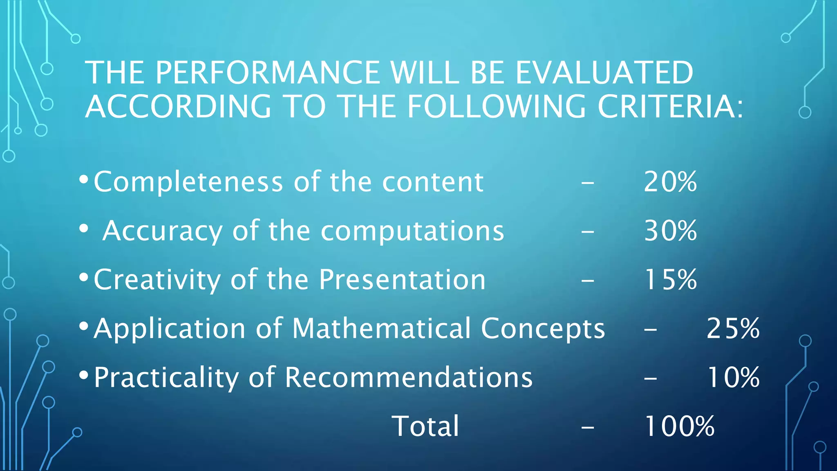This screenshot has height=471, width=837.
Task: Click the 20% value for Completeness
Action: point(670,182)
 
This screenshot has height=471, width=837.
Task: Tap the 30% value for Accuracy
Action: point(670,231)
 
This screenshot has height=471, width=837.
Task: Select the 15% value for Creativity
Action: point(670,280)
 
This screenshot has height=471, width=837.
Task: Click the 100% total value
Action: point(679,426)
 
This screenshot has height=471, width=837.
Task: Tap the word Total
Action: point(425,426)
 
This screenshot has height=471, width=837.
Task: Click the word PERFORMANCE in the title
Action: point(267,73)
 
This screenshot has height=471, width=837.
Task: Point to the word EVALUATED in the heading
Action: point(604,73)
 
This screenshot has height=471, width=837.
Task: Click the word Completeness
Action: point(188,182)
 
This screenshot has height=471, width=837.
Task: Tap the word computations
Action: point(412,231)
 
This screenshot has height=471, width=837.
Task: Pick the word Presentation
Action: point(402,280)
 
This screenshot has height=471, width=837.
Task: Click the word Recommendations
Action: point(409,377)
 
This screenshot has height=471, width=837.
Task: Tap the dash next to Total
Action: point(587,428)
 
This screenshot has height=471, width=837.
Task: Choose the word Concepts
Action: point(543,329)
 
